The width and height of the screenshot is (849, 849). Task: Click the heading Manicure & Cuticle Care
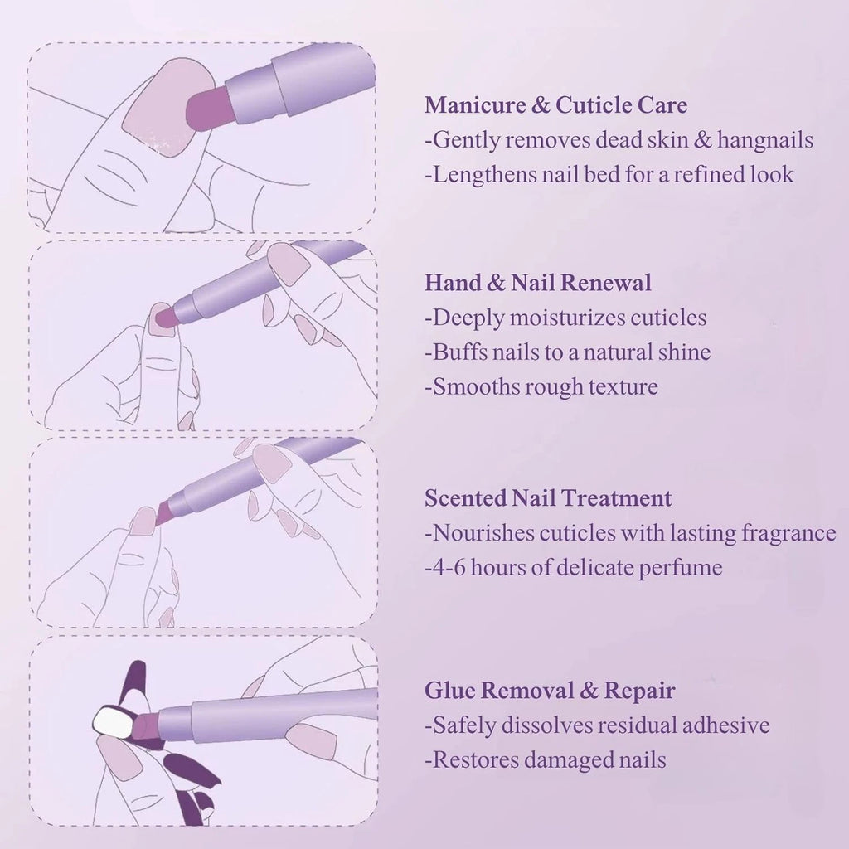(x=555, y=105)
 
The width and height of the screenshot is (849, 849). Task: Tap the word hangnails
(x=765, y=140)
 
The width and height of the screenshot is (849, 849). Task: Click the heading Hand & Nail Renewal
(x=538, y=283)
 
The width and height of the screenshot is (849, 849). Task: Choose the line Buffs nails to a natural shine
(x=568, y=352)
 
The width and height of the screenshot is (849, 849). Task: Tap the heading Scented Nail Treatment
(x=548, y=498)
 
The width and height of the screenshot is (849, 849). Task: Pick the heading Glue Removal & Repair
(x=550, y=691)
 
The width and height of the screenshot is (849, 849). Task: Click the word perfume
(x=680, y=568)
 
